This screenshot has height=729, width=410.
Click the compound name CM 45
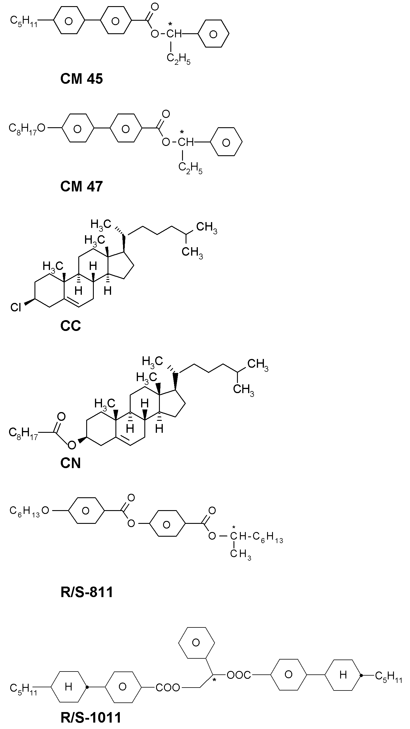point(82,79)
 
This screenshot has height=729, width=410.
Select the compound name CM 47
point(82,186)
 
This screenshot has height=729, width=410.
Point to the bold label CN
point(71,463)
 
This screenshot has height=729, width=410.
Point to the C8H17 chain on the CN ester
point(23,433)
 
